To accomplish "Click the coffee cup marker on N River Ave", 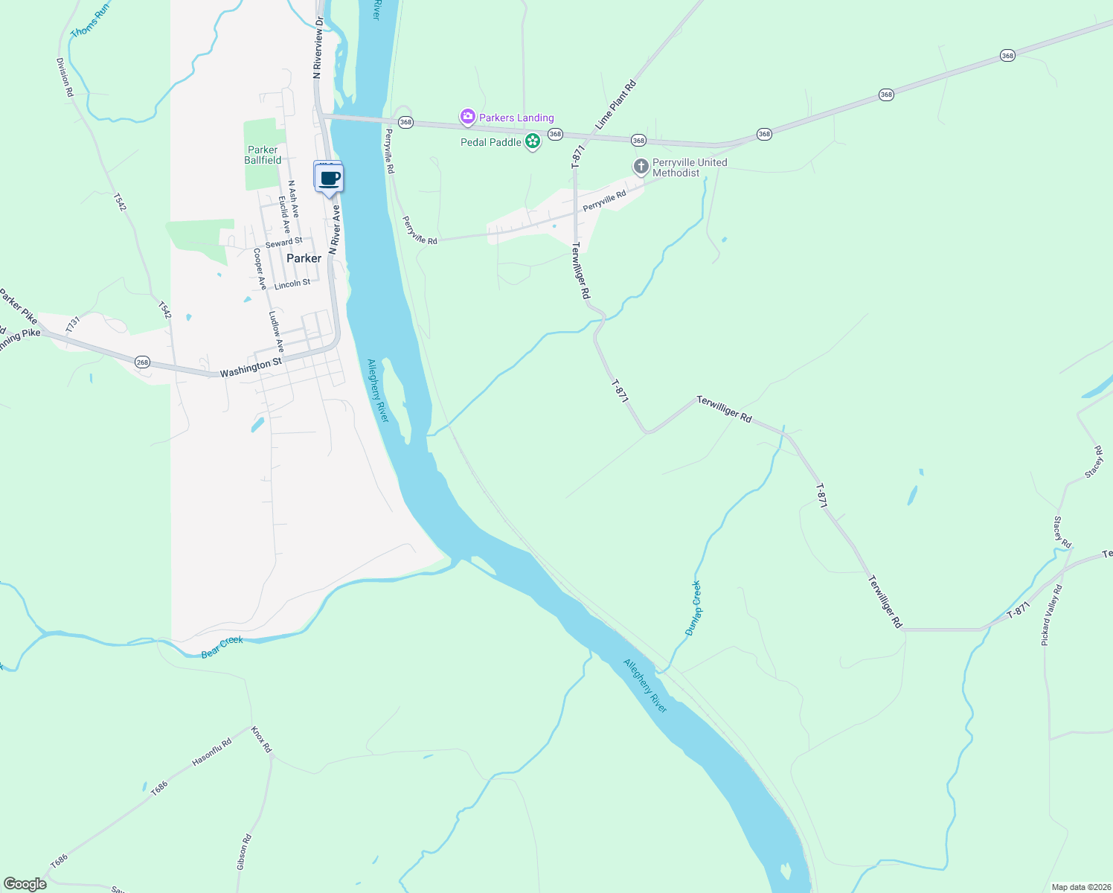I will (329, 179).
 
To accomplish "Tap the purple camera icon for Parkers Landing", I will (467, 117).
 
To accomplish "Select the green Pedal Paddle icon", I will (532, 141).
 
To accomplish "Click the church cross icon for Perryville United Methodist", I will (641, 167).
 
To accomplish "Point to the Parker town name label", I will (304, 258).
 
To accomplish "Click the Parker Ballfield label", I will (263, 155).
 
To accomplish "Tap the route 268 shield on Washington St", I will (142, 362).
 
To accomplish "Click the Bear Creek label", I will (222, 647).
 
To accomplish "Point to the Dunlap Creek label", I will (693, 608).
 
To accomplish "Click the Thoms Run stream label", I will (90, 21).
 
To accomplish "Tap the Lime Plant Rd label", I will (616, 106).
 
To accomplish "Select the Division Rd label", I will (65, 77).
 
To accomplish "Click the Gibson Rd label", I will (244, 852).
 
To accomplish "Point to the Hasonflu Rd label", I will (212, 752).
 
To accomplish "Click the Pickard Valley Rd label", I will (1052, 615).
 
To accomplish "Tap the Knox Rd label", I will (262, 739).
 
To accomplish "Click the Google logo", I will (25, 884).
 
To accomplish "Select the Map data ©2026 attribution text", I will (1080, 887).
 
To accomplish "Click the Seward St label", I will (283, 243).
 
